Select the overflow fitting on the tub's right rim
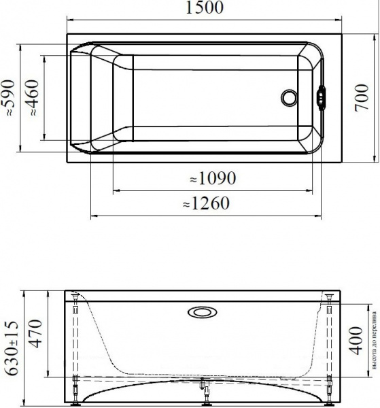point(322,97)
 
